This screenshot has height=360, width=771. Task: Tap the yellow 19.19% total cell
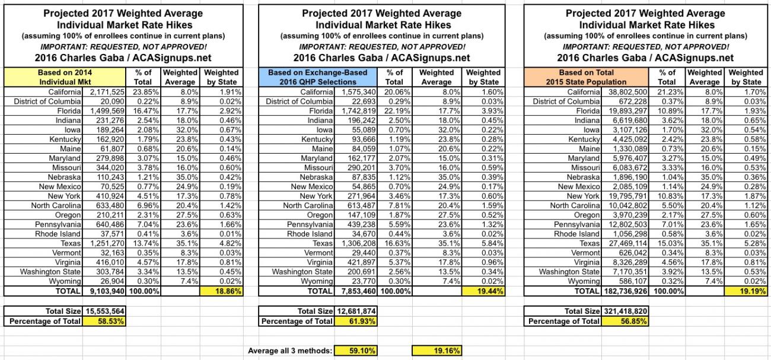[745, 292]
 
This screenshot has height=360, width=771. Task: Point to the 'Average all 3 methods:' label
[289, 351]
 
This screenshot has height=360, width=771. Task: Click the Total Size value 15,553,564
[104, 311]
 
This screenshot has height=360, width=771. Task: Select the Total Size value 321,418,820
[623, 311]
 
